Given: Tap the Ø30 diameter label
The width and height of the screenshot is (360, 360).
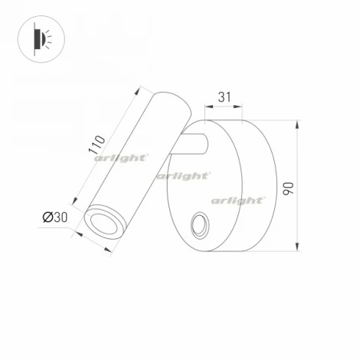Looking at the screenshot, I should [x=54, y=218].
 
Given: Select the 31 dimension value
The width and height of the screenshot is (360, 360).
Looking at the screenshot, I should [x=224, y=97].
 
